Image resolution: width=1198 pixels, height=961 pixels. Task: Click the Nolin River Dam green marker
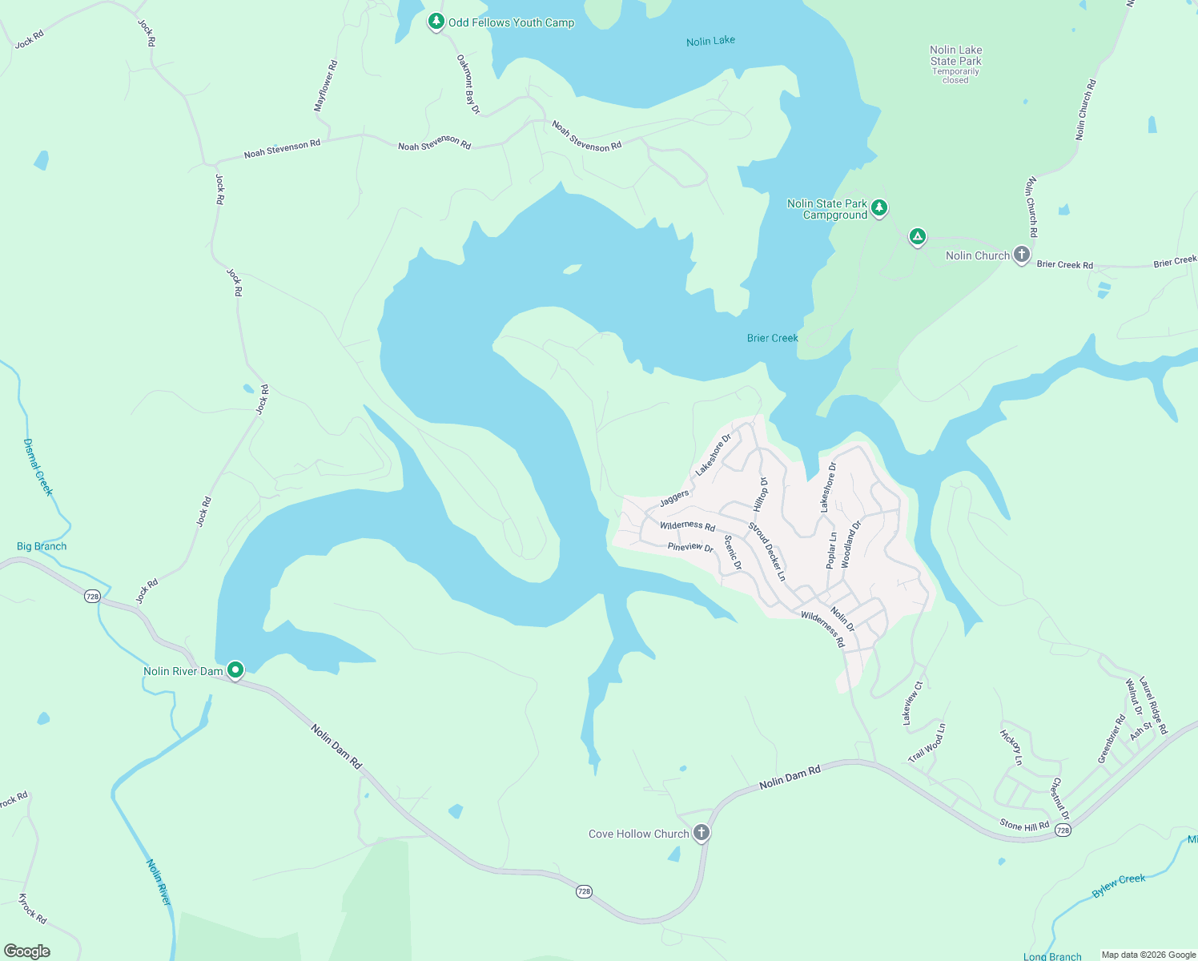[235, 669]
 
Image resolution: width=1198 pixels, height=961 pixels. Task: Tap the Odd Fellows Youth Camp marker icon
[436, 21]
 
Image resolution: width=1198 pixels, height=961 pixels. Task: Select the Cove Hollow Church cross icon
[702, 833]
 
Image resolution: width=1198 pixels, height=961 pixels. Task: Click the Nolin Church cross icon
[1021, 255]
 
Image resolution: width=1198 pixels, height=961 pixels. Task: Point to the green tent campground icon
[918, 236]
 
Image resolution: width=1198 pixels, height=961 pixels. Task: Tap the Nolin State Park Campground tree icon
[879, 208]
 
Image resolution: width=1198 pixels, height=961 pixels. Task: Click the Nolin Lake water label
[710, 41]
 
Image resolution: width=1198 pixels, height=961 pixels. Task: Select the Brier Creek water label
[772, 338]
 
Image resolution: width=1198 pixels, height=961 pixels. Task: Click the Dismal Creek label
[38, 467]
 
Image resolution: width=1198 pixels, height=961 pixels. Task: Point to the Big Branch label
[42, 546]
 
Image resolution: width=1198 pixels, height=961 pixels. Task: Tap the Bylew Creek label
[1119, 885]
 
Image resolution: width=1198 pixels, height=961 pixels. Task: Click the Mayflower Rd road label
[326, 86]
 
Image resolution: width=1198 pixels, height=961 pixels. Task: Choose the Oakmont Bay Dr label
[468, 84]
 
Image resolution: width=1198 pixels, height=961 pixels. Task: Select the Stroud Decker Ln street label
[766, 551]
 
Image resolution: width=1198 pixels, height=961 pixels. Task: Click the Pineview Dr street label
[690, 547]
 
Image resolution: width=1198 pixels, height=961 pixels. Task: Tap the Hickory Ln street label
[1011, 746]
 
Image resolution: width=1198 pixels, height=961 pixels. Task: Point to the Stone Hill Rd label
[1024, 825]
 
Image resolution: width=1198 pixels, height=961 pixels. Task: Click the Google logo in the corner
[27, 951]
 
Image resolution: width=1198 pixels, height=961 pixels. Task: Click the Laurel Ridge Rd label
[1153, 704]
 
